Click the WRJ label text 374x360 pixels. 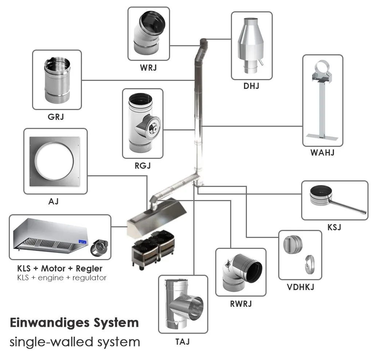coord(148,68)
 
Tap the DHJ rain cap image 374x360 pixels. coord(252,46)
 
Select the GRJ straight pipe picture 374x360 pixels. coord(57,80)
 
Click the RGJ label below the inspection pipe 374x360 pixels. coord(142,166)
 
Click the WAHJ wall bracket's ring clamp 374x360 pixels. coord(322,68)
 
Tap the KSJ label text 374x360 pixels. coord(334,228)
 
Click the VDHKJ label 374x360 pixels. coord(300,287)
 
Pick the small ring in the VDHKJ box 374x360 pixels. coord(308,263)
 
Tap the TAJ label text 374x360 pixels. coord(183,341)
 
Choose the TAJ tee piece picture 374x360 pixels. coord(183,304)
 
